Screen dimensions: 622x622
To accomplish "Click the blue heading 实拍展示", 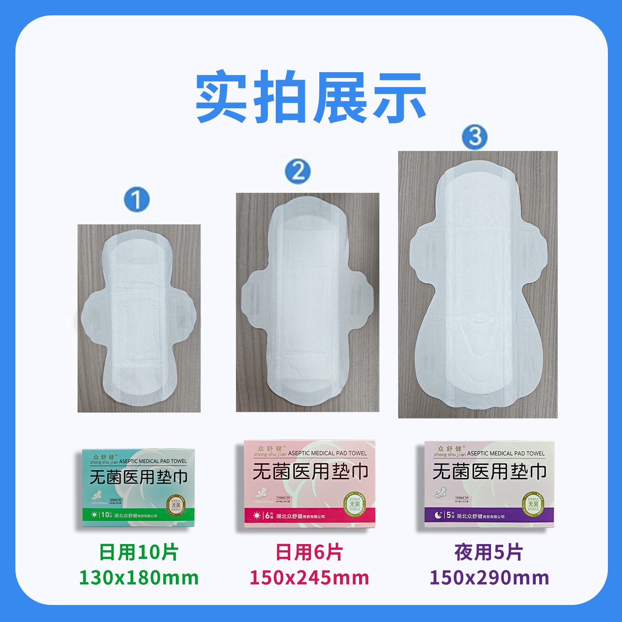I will [x=311, y=97].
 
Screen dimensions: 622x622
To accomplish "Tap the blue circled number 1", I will [x=137, y=200].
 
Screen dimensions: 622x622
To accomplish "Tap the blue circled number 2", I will [x=298, y=171].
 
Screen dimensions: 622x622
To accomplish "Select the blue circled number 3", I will [x=475, y=137].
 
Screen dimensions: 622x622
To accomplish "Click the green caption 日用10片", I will [x=139, y=552].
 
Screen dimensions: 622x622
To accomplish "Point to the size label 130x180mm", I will [x=139, y=578].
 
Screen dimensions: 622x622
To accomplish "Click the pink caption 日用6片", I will [x=309, y=552].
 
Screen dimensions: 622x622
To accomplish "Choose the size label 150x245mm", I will [x=309, y=578].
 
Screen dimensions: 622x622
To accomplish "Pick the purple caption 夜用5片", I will [x=488, y=552].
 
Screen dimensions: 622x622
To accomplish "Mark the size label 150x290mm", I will [x=489, y=578].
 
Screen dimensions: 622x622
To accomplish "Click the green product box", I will [x=138, y=488].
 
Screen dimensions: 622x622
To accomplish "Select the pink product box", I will [x=310, y=484].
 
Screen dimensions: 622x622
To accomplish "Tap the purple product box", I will [x=489, y=484].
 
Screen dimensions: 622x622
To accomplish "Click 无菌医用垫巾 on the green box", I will [x=138, y=477].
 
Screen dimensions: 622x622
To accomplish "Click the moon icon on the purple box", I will [x=438, y=515].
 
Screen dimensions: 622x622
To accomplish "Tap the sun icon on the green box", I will [x=95, y=515].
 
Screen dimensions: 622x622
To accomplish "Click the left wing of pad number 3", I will [x=425, y=253].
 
